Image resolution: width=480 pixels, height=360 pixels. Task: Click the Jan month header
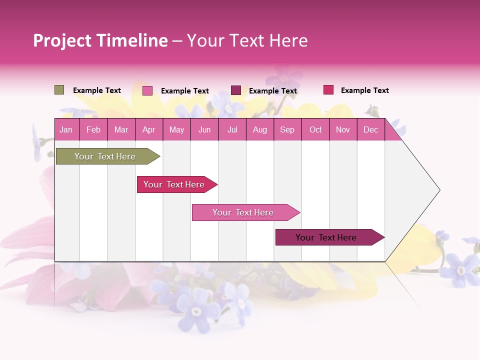[66, 129]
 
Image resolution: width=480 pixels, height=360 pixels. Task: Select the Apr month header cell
[148, 129]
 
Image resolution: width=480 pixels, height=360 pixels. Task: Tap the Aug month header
[259, 129]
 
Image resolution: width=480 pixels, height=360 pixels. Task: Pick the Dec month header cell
[370, 129]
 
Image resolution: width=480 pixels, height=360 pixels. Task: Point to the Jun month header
[204, 129]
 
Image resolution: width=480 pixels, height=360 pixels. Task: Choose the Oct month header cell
[315, 129]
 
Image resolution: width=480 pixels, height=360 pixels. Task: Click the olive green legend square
[59, 90]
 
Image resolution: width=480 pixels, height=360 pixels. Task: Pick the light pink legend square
[147, 90]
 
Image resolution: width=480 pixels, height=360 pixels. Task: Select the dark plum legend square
[236, 90]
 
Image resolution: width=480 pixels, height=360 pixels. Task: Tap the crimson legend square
[328, 90]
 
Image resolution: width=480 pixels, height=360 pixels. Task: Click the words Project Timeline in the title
[100, 40]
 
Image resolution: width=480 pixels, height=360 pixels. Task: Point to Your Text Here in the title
[247, 40]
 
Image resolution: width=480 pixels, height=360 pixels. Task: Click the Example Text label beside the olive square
[97, 90]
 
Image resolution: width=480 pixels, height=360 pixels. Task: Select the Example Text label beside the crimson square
[364, 90]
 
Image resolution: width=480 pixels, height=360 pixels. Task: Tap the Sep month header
[287, 129]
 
